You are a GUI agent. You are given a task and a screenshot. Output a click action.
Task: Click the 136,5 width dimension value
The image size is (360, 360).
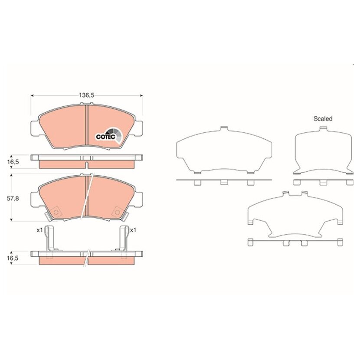[87, 95]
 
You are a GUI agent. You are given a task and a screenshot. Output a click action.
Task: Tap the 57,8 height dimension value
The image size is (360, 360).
[13, 198]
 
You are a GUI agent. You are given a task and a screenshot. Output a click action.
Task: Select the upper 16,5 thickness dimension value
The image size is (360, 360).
[13, 162]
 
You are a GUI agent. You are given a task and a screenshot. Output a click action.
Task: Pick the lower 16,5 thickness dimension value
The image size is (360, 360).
[13, 258]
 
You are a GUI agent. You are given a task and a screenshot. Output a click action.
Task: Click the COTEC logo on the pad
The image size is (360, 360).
[109, 136]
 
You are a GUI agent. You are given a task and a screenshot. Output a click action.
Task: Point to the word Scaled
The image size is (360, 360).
[323, 119]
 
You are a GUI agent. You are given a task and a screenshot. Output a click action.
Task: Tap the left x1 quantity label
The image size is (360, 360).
[40, 230]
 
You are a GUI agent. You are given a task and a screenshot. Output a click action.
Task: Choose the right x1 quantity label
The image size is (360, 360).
[133, 230]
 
